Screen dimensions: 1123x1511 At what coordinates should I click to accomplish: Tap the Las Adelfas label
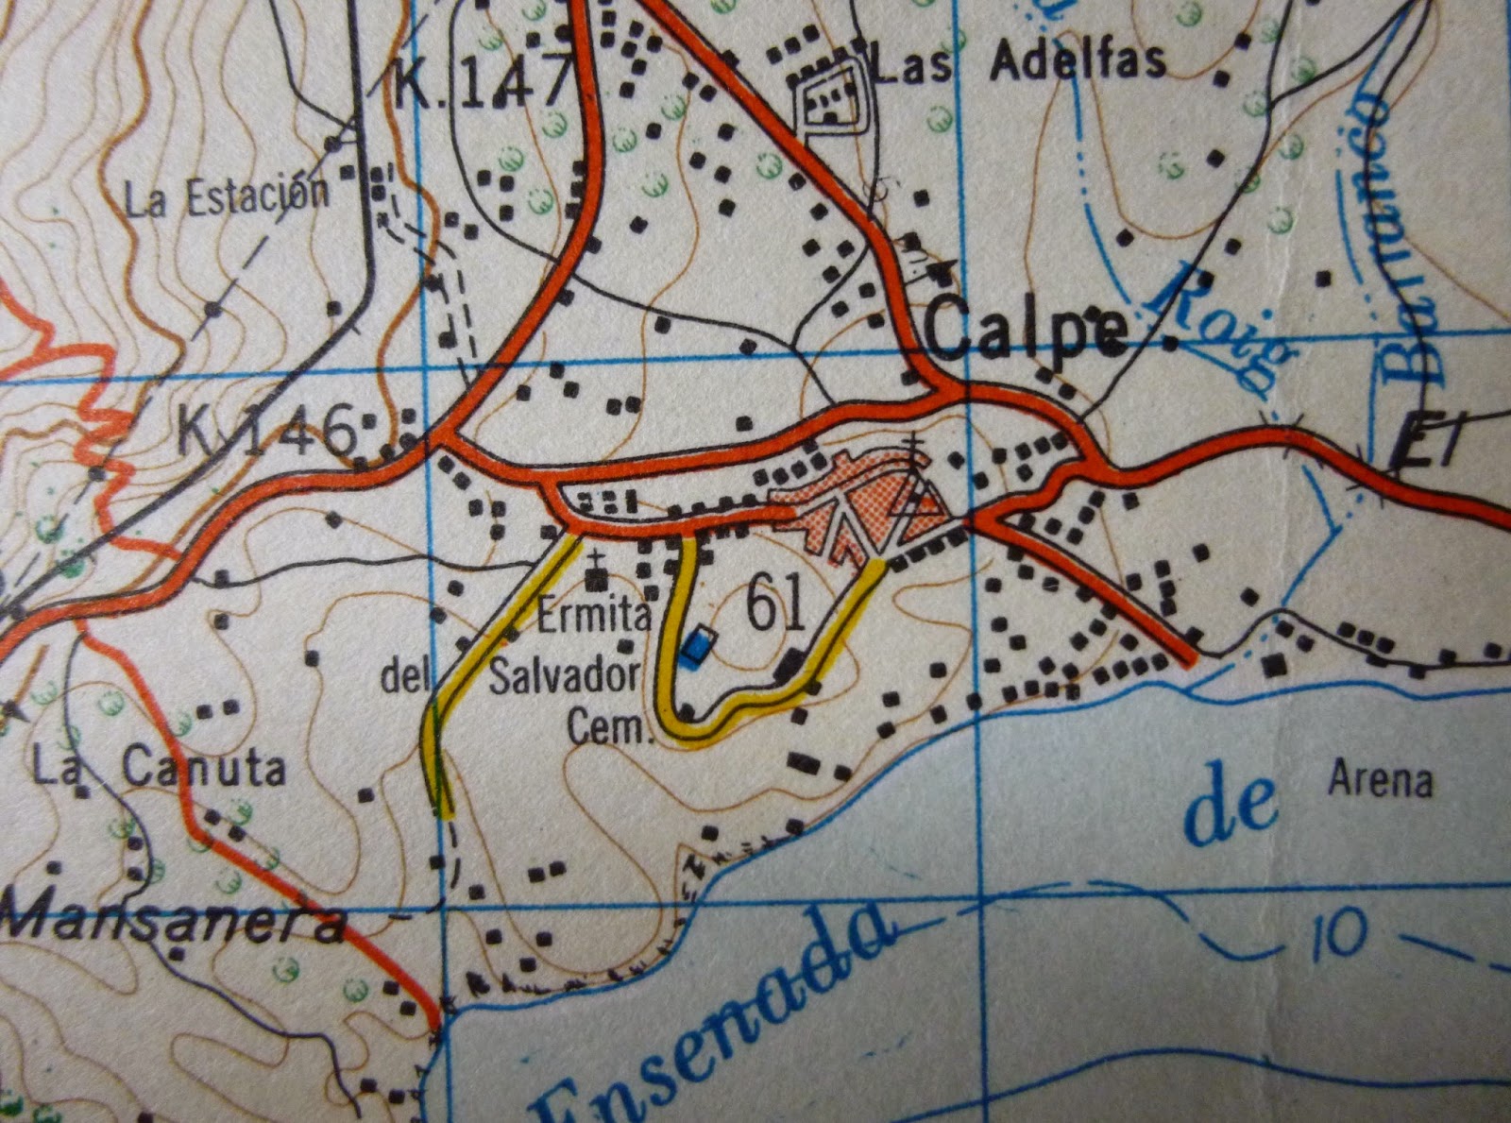click(x=1019, y=63)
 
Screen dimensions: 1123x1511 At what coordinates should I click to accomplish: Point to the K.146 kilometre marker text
click(x=270, y=430)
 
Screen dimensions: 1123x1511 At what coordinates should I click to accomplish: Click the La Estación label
click(x=228, y=196)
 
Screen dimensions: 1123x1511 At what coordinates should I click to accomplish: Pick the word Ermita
click(x=594, y=615)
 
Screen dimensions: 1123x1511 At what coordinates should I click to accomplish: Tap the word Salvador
click(x=564, y=676)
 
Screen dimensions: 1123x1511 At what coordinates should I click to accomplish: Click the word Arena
click(x=1380, y=780)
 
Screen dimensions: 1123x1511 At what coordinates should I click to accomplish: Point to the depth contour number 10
click(x=1338, y=934)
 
